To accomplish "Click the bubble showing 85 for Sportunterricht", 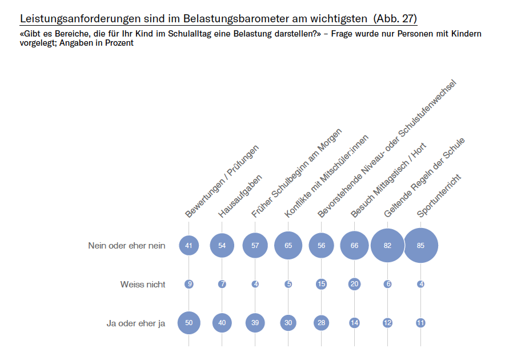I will (421, 246).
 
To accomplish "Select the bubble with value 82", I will (388, 246).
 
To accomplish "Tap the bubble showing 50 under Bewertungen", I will (189, 323).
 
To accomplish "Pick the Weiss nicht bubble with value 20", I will (355, 284).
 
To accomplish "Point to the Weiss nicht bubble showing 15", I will (322, 284).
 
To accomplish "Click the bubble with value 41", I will (189, 246).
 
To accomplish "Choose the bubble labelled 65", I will (288, 246).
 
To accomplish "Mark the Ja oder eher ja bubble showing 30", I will (288, 323).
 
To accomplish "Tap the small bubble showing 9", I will (189, 284).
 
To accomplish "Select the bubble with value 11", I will (421, 323).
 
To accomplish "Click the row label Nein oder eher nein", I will (126, 246).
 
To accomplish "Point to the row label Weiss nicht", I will (143, 284).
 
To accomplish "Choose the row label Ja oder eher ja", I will (136, 323).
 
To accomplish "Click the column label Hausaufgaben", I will (241, 196).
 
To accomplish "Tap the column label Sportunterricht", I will (439, 196).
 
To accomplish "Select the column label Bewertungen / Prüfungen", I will (222, 182).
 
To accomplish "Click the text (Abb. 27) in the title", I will (395, 18).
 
